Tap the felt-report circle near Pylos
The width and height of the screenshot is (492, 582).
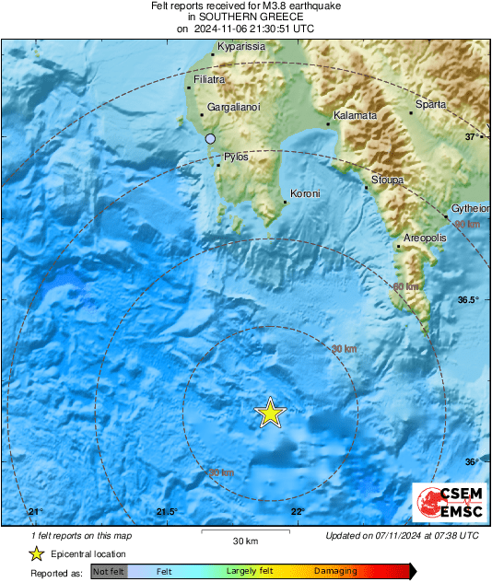coord(210,138)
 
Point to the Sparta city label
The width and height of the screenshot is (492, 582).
coord(430,104)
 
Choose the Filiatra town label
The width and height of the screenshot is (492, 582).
coord(209,80)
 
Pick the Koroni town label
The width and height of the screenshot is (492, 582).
coord(304,194)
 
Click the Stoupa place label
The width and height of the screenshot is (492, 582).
coord(387,180)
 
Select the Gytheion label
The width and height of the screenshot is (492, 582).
coord(469,209)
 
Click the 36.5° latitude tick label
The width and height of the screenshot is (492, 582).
coord(470,300)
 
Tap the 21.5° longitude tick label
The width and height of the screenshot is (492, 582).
coord(166,512)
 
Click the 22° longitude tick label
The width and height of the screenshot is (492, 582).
coord(297,512)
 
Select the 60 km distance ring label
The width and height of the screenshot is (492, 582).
coord(405,287)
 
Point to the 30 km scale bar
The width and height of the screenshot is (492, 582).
coord(244,532)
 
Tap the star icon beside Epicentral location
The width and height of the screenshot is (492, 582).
coord(36,553)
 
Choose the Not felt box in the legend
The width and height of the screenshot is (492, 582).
coord(109,572)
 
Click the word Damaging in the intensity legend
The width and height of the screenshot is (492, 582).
coord(335,572)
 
